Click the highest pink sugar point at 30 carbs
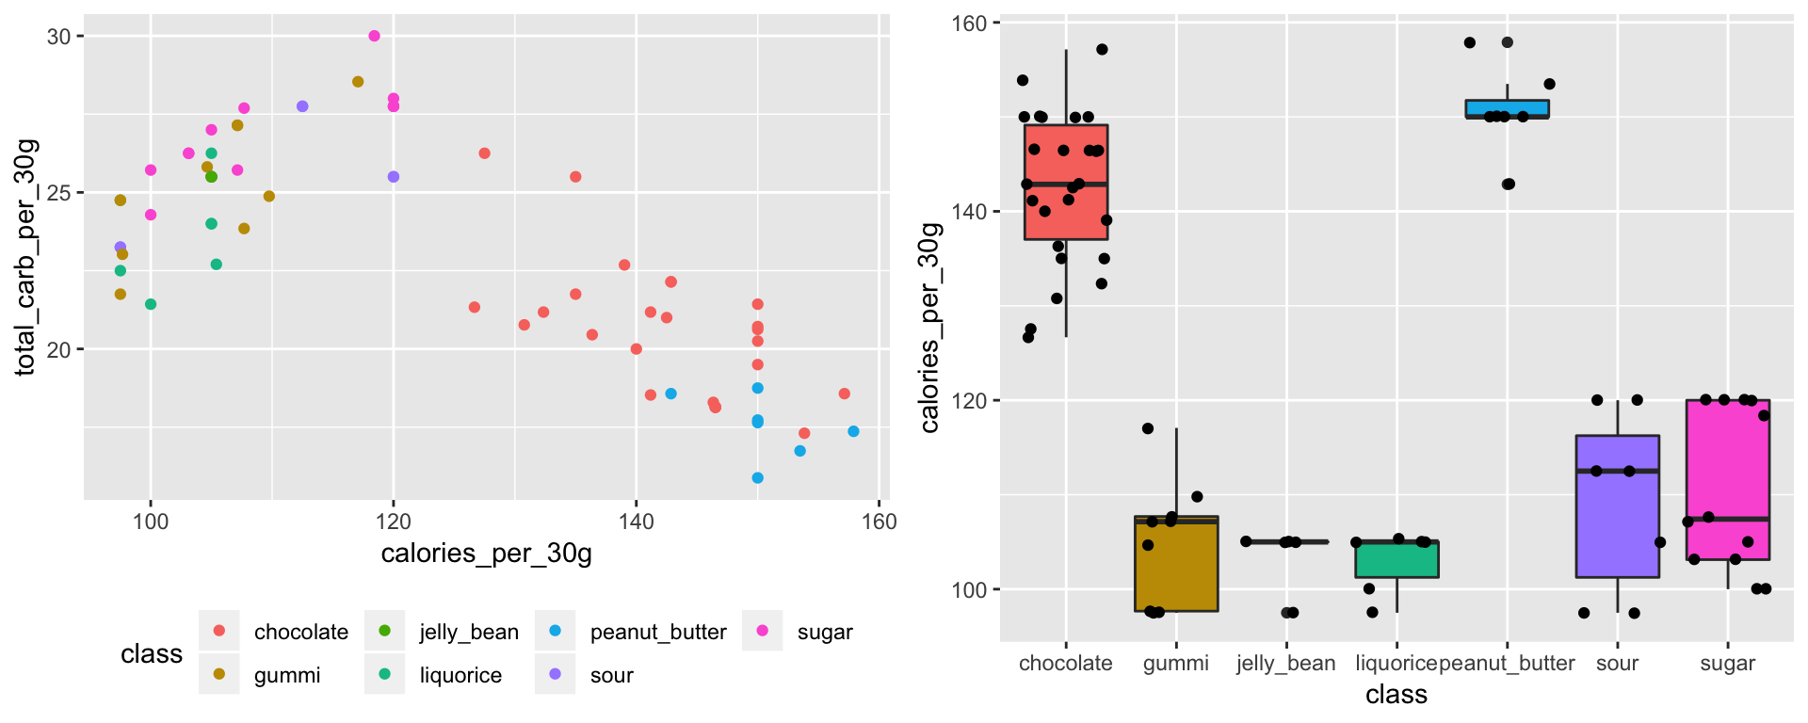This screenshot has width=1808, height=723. pyautogui.click(x=374, y=36)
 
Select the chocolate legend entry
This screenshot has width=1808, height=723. pyautogui.click(x=300, y=632)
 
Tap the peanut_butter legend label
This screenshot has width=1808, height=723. pyautogui.click(x=657, y=632)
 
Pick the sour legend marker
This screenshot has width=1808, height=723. pyautogui.click(x=555, y=674)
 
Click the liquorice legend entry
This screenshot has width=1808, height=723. pyautogui.click(x=460, y=675)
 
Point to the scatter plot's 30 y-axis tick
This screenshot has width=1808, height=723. pyautogui.click(x=58, y=37)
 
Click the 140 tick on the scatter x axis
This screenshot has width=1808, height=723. pyautogui.click(x=637, y=522)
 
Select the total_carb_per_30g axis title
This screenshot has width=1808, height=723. pyautogui.click(x=25, y=257)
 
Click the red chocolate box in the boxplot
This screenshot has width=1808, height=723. pyautogui.click(x=1066, y=182)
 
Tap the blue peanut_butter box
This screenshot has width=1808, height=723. pyautogui.click(x=1507, y=108)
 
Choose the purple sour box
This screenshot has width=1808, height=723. pyautogui.click(x=1617, y=506)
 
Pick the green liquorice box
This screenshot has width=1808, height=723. pyautogui.click(x=1396, y=559)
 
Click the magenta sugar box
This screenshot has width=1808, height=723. pyautogui.click(x=1728, y=479)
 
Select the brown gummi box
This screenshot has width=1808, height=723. pyautogui.click(x=1176, y=564)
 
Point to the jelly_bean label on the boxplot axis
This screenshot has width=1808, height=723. pyautogui.click(x=1285, y=663)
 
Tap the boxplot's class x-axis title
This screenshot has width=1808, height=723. pyautogui.click(x=1396, y=695)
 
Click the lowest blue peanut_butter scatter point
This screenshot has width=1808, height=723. pyautogui.click(x=758, y=478)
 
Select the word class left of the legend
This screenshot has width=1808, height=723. pyautogui.click(x=152, y=653)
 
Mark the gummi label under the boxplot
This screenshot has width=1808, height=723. pyautogui.click(x=1175, y=663)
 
